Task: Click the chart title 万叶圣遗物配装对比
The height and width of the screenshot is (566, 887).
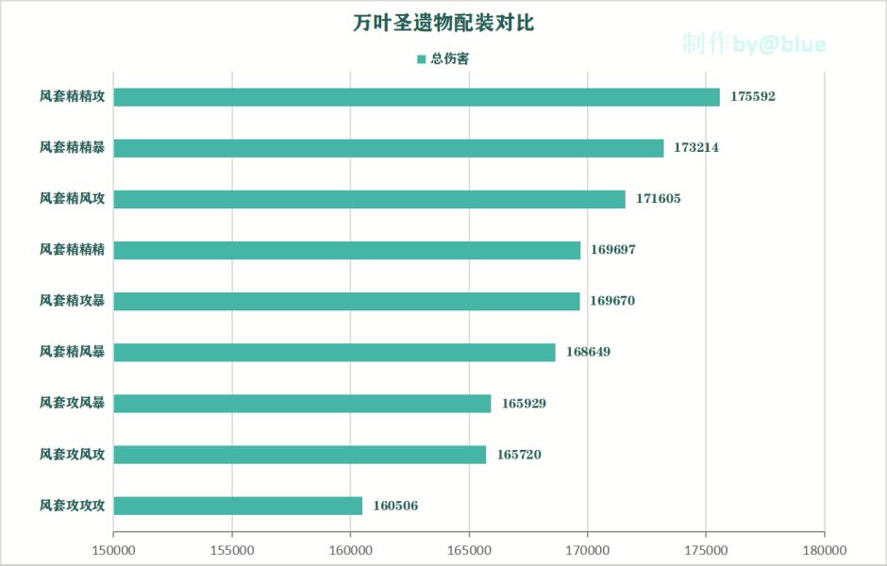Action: (443, 24)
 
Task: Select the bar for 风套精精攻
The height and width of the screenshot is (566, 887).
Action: (416, 97)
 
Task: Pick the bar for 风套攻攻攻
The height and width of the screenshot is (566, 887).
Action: (238, 506)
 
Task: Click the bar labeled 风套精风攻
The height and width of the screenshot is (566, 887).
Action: (369, 199)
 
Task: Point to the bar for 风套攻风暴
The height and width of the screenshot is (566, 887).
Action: (302, 404)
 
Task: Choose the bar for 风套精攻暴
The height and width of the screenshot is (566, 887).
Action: (346, 301)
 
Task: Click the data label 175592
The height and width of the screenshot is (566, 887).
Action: (752, 97)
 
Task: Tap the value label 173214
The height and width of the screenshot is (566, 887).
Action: (696, 148)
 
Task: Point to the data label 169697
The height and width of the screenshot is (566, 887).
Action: (612, 250)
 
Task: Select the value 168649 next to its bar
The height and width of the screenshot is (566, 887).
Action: (588, 352)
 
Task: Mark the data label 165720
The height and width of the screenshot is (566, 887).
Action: (519, 455)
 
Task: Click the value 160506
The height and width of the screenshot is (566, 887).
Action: (395, 506)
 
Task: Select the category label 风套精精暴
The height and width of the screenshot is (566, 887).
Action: (72, 148)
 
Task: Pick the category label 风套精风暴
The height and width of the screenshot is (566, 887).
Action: (72, 352)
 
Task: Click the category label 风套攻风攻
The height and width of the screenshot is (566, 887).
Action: (72, 455)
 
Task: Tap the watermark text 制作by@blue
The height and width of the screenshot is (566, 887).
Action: (754, 44)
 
